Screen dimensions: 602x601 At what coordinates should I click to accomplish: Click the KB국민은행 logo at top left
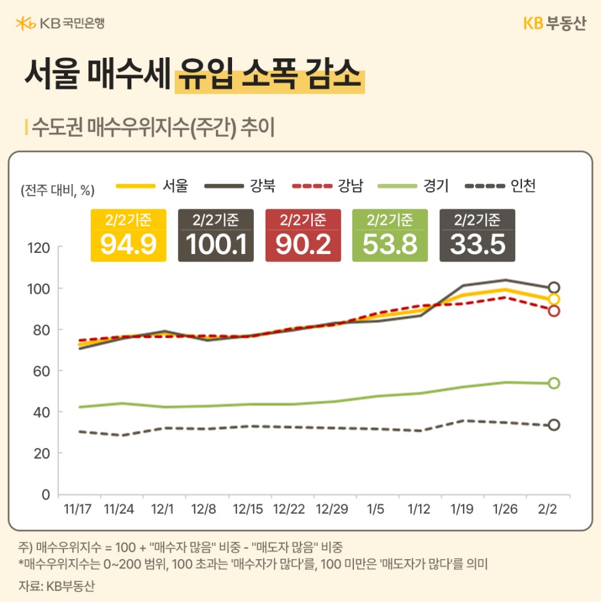60,24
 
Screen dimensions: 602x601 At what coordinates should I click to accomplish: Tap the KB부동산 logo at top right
554,24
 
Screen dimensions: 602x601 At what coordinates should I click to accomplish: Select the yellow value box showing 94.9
128,235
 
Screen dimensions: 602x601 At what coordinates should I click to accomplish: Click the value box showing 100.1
215,235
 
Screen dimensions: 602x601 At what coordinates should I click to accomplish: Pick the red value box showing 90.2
303,235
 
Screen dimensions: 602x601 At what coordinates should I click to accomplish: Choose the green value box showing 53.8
390,235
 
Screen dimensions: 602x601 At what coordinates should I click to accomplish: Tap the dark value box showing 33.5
477,235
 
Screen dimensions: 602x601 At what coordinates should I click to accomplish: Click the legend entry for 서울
152,185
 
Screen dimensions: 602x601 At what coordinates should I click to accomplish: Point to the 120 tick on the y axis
39,248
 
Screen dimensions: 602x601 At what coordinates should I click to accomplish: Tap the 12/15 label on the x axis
248,509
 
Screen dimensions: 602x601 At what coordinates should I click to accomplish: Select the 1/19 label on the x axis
462,509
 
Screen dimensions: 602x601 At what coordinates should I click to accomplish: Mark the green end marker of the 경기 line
554,383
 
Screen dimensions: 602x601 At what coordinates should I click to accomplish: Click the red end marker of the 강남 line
554,311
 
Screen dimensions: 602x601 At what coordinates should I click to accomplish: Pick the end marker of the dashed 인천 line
554,425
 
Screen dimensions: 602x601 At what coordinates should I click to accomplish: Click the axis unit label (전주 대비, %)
57,189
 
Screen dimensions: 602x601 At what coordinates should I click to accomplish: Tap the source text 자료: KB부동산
57,585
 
